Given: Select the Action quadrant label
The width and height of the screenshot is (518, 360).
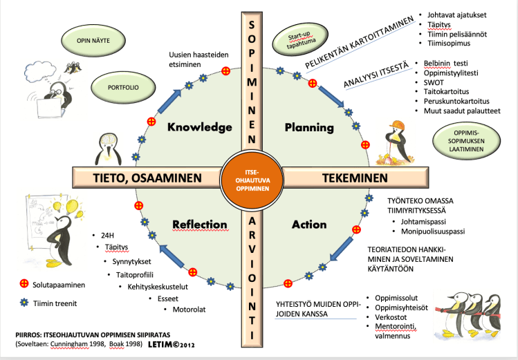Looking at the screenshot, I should point(308,224).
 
